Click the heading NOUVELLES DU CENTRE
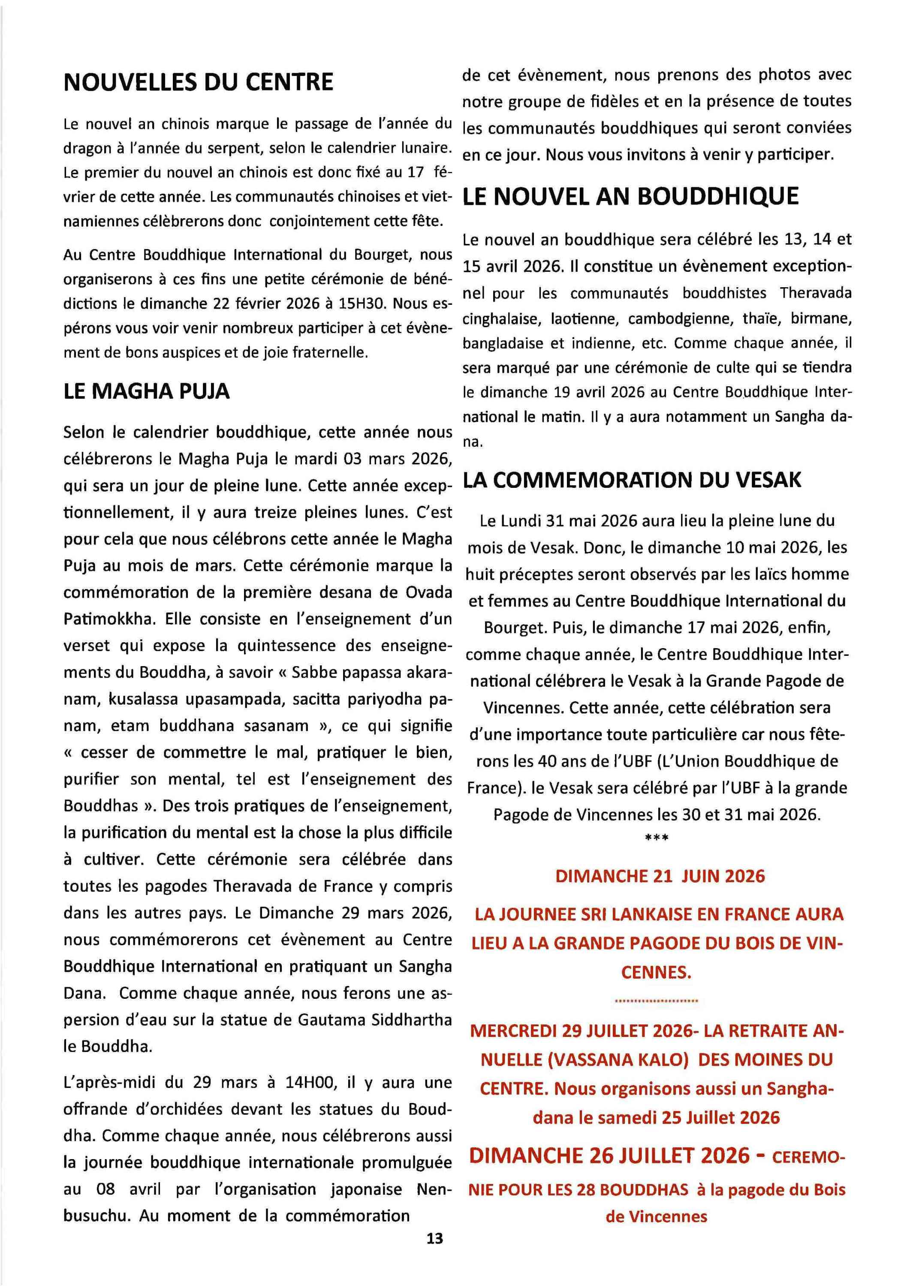click(x=199, y=83)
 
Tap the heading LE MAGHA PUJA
click(x=147, y=391)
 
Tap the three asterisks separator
click(x=657, y=838)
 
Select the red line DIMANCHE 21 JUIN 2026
click(x=660, y=876)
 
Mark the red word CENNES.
click(x=656, y=971)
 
